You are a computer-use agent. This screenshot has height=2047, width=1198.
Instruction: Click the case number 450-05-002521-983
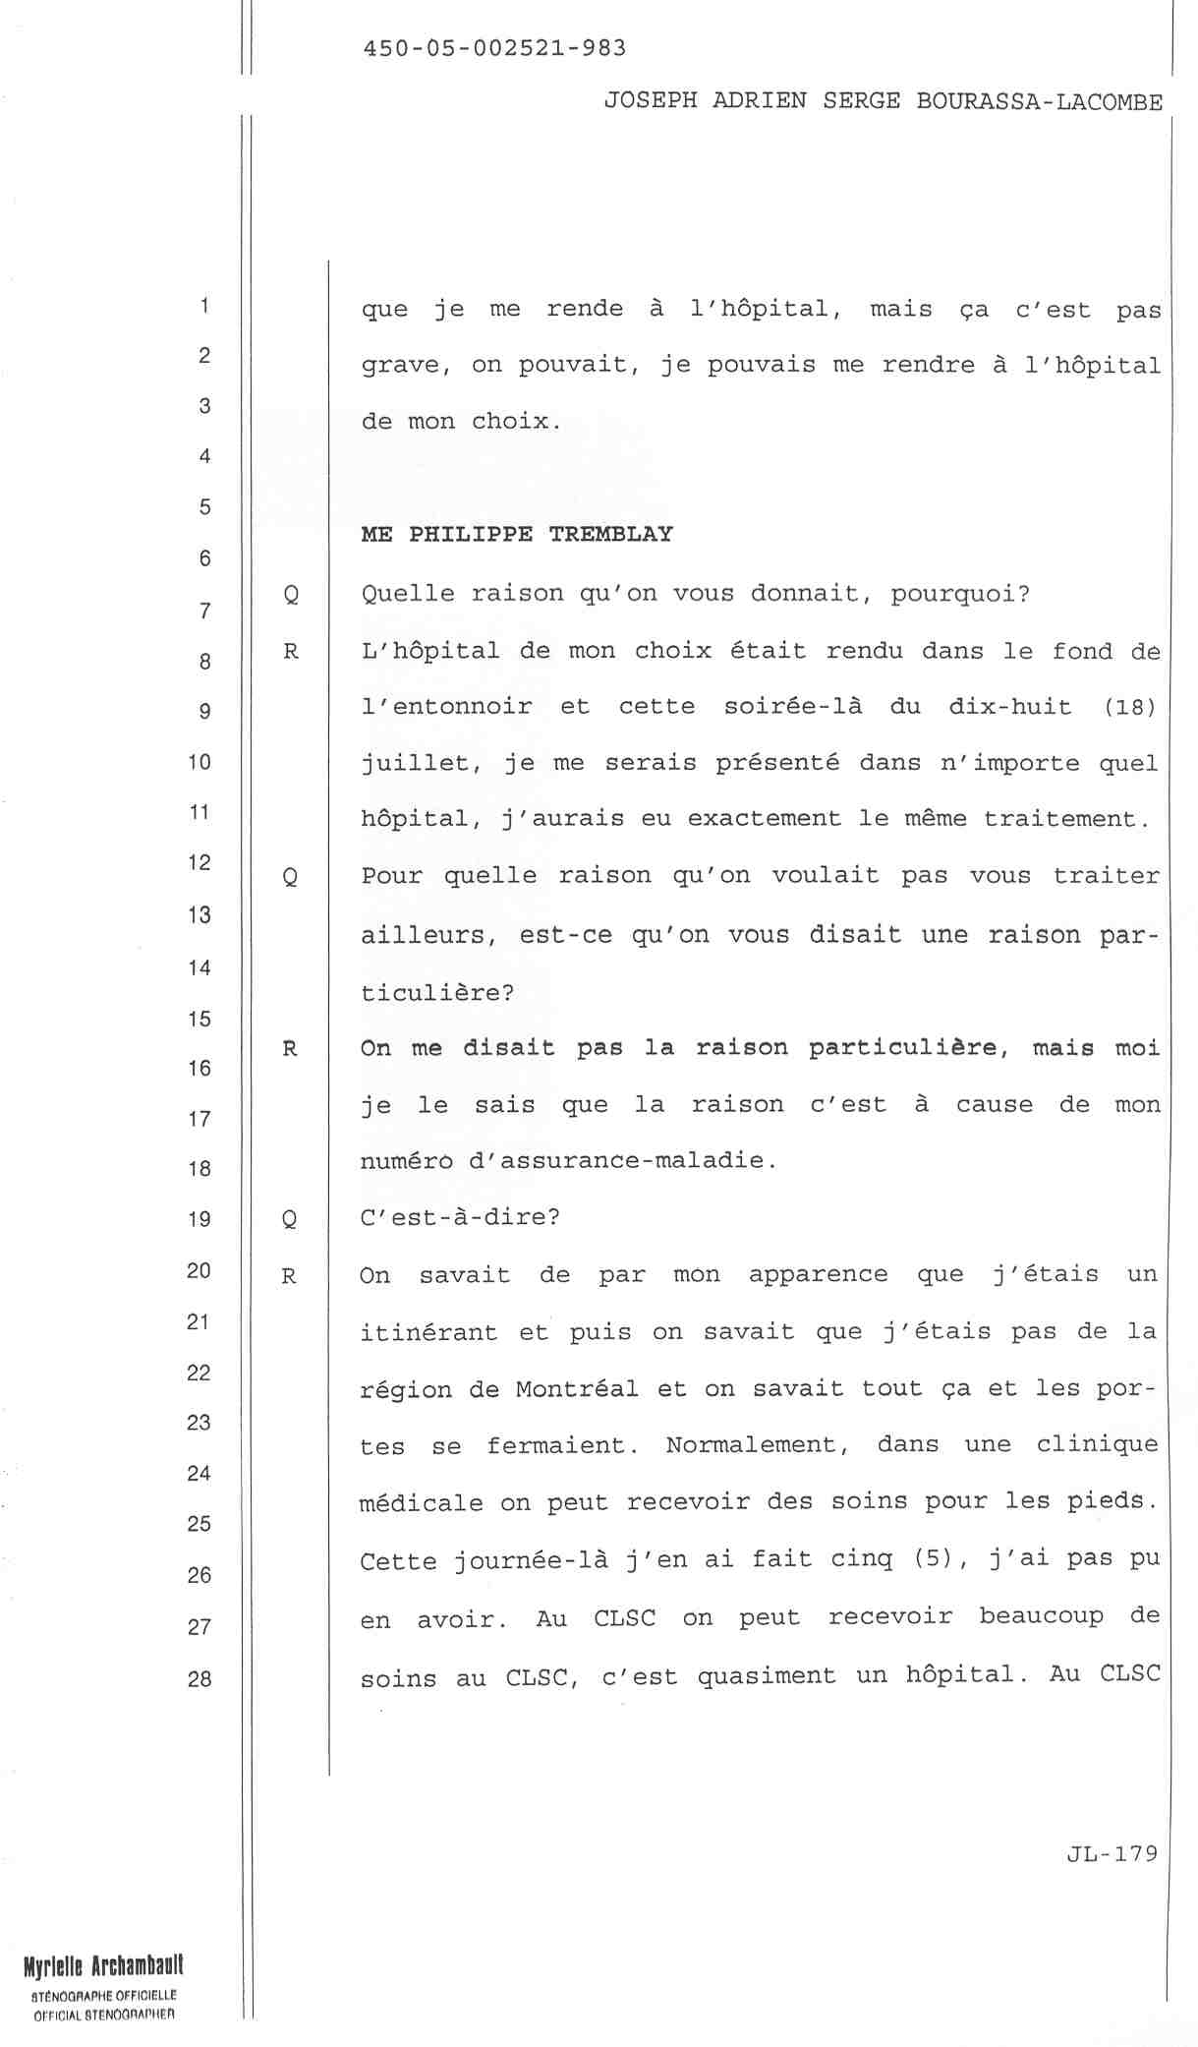coord(494,48)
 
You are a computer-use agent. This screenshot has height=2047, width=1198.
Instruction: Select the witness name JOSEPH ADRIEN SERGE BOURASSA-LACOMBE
coord(883,101)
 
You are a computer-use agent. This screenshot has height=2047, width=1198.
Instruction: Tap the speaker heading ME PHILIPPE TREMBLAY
coord(517,534)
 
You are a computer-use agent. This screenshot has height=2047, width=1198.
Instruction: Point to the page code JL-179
coord(1112,1852)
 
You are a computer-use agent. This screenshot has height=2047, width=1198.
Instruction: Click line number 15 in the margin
coord(200,1019)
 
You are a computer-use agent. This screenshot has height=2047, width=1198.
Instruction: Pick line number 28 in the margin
coord(200,1678)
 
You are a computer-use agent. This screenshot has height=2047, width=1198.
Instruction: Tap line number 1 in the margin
coord(203,305)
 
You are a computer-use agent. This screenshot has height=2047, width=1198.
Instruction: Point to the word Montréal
coord(576,1388)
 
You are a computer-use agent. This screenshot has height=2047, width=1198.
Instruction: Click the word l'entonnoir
coord(446,707)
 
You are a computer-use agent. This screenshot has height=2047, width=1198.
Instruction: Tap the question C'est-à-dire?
coord(460,1217)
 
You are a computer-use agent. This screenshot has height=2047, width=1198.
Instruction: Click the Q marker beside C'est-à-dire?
coord(289,1219)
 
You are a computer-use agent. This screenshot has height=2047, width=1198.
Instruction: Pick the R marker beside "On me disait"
coord(290,1048)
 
